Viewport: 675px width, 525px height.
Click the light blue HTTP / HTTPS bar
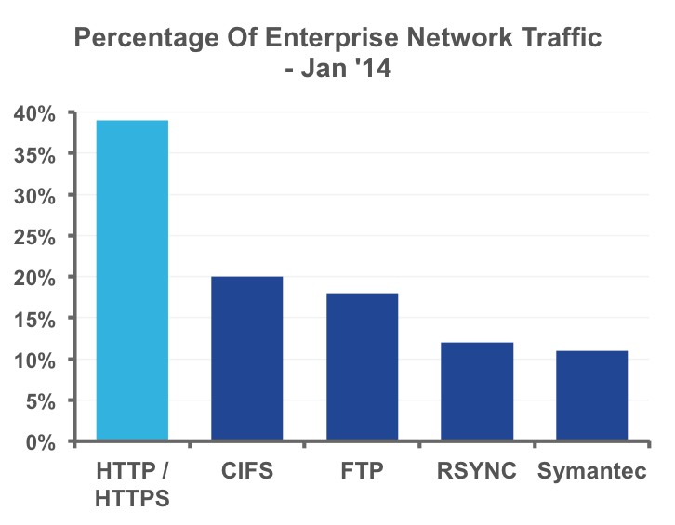coord(132,279)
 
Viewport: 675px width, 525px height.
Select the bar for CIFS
coord(247,358)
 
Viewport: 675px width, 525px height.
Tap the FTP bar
coord(363,366)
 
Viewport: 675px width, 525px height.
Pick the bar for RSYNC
coord(477,390)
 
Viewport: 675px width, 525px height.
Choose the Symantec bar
coord(592,395)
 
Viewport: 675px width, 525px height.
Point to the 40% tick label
coord(35,114)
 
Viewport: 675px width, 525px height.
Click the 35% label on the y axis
coord(35,155)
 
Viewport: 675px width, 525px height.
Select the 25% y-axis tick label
coord(35,237)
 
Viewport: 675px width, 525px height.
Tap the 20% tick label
coord(35,278)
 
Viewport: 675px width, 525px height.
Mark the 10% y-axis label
coord(35,360)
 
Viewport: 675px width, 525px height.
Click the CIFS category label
coord(247,470)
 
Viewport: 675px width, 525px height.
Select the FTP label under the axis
coord(363,470)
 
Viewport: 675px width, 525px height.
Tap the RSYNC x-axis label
coord(477,470)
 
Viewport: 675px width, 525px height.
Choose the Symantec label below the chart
coord(592,470)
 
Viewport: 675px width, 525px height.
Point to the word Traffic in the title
coord(556,38)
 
